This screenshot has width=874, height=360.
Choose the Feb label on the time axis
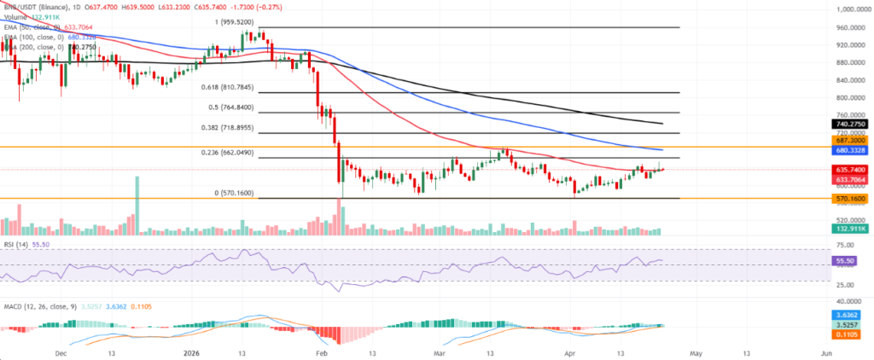click(x=321, y=350)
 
